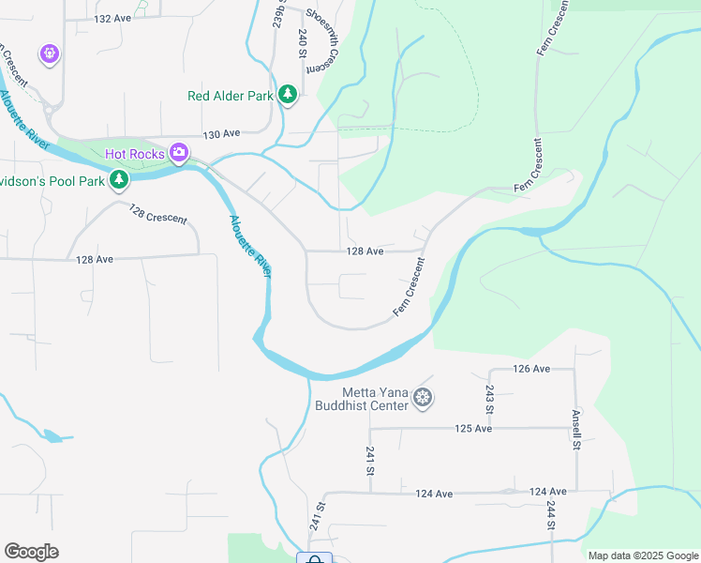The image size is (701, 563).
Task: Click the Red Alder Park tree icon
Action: [288, 95]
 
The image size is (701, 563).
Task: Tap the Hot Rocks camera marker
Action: [179, 153]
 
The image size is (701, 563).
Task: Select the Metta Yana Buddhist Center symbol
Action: [424, 399]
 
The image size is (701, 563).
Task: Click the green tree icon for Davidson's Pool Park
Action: [118, 179]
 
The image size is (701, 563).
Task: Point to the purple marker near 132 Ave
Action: [48, 53]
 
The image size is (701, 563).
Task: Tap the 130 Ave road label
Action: [221, 134]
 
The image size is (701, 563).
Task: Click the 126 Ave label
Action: [531, 369]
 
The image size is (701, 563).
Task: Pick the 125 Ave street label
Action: [473, 428]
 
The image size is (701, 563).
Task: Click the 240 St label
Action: [303, 43]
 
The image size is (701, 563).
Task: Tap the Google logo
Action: [31, 552]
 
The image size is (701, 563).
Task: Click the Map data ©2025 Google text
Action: [642, 555]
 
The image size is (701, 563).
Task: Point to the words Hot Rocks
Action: [135, 153]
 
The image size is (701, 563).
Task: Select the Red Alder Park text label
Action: [230, 95]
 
